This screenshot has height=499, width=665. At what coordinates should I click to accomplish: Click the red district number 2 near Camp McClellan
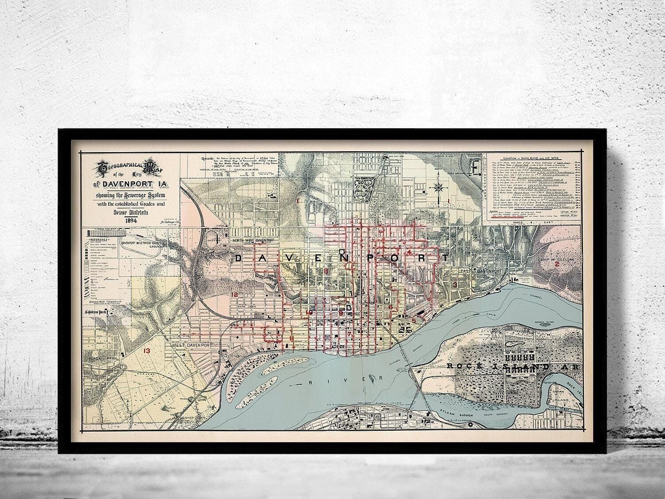click(556, 265)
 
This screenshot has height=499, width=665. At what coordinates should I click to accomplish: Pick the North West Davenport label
click(254, 240)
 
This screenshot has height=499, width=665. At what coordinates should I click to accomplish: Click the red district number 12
click(234, 295)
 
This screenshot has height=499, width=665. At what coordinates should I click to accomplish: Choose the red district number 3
click(455, 284)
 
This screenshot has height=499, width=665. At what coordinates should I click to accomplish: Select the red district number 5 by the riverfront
click(414, 320)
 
